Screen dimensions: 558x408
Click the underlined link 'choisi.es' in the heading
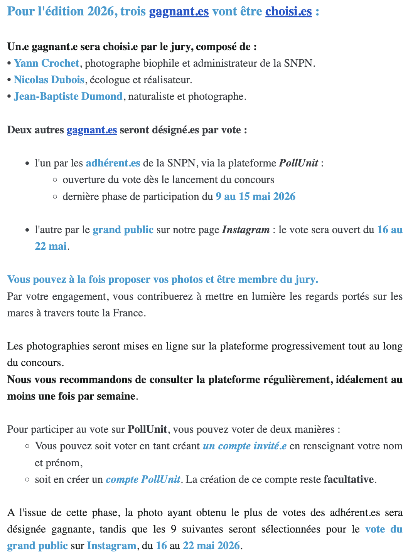(x=288, y=11)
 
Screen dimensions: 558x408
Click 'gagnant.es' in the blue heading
(x=179, y=11)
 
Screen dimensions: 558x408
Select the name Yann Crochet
(x=47, y=63)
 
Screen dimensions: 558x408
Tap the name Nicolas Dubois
(x=49, y=80)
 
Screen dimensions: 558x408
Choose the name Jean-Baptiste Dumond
(x=68, y=96)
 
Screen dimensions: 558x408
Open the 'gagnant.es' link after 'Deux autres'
(x=92, y=130)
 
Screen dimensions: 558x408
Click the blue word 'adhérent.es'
(x=113, y=163)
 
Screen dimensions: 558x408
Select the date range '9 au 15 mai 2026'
(x=255, y=197)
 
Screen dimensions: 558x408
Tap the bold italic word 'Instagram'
(x=246, y=230)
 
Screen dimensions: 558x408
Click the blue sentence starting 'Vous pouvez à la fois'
(x=162, y=279)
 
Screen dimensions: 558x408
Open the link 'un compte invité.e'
(x=244, y=446)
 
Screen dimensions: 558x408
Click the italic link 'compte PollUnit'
(x=143, y=479)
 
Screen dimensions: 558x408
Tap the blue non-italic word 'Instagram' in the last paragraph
(x=111, y=546)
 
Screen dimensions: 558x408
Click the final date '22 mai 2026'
(x=211, y=546)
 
